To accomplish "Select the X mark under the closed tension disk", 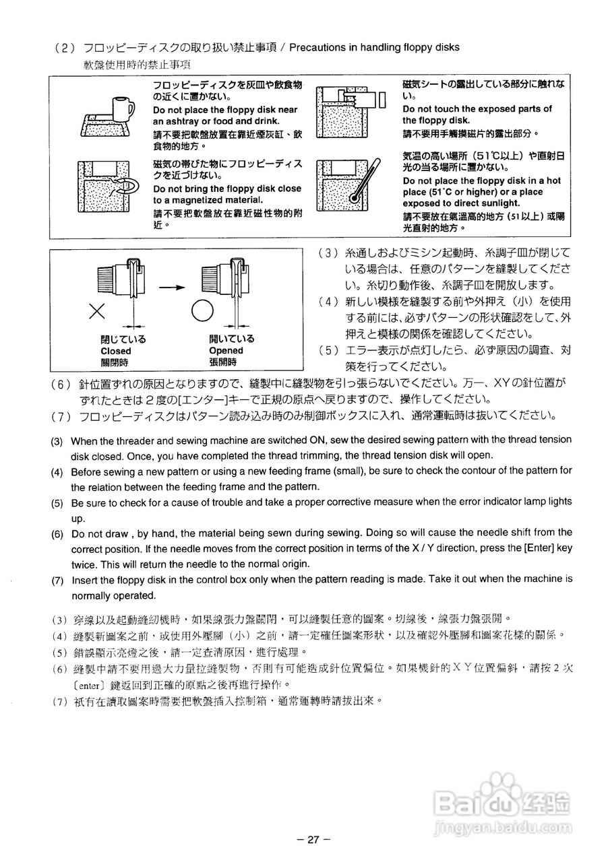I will coord(98,310).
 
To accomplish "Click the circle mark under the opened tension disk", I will coord(202,311).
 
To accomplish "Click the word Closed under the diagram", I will coord(115,351).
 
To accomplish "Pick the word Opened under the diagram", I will coord(226,350).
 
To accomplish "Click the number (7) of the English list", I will coord(57,579).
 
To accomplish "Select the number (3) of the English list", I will coord(57,440).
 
